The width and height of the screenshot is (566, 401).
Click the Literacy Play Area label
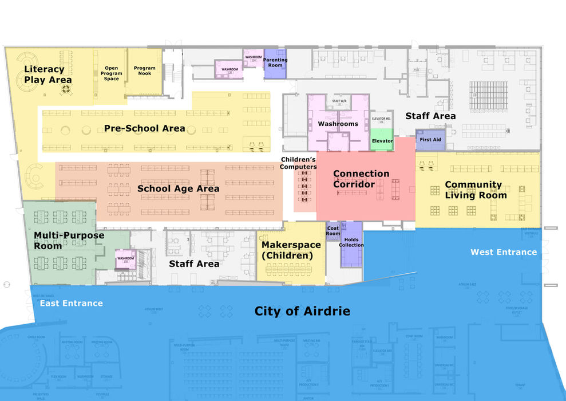coord(48,74)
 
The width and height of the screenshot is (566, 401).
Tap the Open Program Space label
coord(112,73)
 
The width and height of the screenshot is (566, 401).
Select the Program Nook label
coord(145,71)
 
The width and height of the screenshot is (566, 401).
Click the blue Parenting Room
coord(275,62)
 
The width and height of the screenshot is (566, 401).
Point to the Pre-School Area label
coord(144,128)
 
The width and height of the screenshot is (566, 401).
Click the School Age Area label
coord(178,188)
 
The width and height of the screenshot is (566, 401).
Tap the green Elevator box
coord(382,141)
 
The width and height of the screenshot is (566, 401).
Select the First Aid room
coord(430,140)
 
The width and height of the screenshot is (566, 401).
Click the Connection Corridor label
coord(361,179)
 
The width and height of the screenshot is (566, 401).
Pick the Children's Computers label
coord(298,163)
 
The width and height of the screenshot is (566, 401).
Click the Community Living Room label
coord(476,190)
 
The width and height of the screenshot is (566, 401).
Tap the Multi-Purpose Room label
coord(61,241)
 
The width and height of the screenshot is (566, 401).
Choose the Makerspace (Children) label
coord(291,250)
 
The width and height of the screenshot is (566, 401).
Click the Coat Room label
coord(333,230)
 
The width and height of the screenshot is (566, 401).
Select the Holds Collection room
coord(351,243)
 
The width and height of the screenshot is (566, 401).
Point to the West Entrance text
coord(504,252)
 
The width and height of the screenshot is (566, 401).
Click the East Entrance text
coord(71,303)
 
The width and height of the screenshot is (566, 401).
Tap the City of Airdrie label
coord(302,311)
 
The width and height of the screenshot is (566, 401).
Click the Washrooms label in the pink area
coord(338,124)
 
